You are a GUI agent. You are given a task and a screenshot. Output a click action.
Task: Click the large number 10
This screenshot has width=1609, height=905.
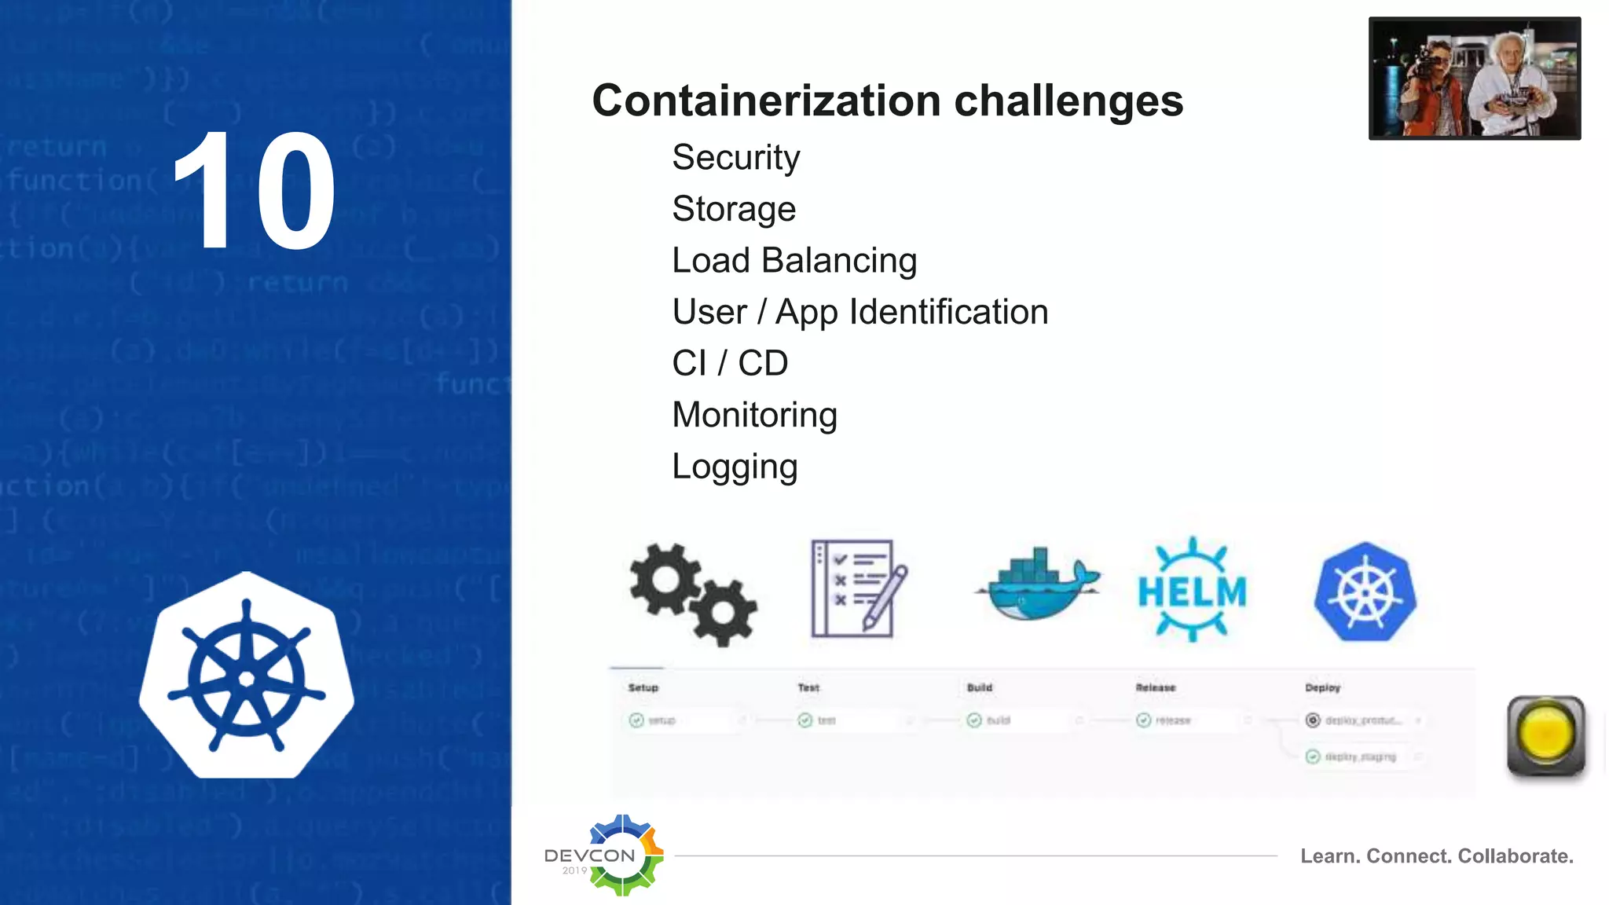pyautogui.click(x=253, y=192)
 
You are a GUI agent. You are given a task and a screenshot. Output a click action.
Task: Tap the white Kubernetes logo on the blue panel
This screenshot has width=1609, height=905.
pyautogui.click(x=247, y=677)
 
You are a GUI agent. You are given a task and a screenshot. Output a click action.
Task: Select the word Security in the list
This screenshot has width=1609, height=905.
pyautogui.click(x=735, y=158)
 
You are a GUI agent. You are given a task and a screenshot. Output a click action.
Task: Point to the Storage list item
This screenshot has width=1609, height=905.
pyautogui.click(x=734, y=210)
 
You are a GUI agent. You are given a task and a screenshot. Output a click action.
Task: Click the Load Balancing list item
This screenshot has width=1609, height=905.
pyautogui.click(x=794, y=261)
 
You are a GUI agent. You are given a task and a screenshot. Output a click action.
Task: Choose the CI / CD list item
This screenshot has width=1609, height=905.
pyautogui.click(x=730, y=364)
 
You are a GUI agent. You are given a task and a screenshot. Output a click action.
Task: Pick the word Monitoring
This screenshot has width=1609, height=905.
pyautogui.click(x=754, y=415)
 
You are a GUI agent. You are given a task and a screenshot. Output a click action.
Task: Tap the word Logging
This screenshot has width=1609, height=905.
pyautogui.click(x=735, y=467)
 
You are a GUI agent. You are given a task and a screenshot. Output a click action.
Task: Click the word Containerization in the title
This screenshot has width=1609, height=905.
pyautogui.click(x=766, y=101)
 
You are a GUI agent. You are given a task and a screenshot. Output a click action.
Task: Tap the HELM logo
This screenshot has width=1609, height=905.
pyautogui.click(x=1192, y=591)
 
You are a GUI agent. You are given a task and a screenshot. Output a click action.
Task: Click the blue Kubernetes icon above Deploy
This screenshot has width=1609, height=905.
pyautogui.click(x=1365, y=592)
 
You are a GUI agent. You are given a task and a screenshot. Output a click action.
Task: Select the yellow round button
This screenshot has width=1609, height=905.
pyautogui.click(x=1545, y=735)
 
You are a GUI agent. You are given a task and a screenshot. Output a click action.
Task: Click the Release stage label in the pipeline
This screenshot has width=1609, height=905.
pyautogui.click(x=1156, y=688)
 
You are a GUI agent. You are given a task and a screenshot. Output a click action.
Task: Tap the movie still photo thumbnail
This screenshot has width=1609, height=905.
pyautogui.click(x=1474, y=79)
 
